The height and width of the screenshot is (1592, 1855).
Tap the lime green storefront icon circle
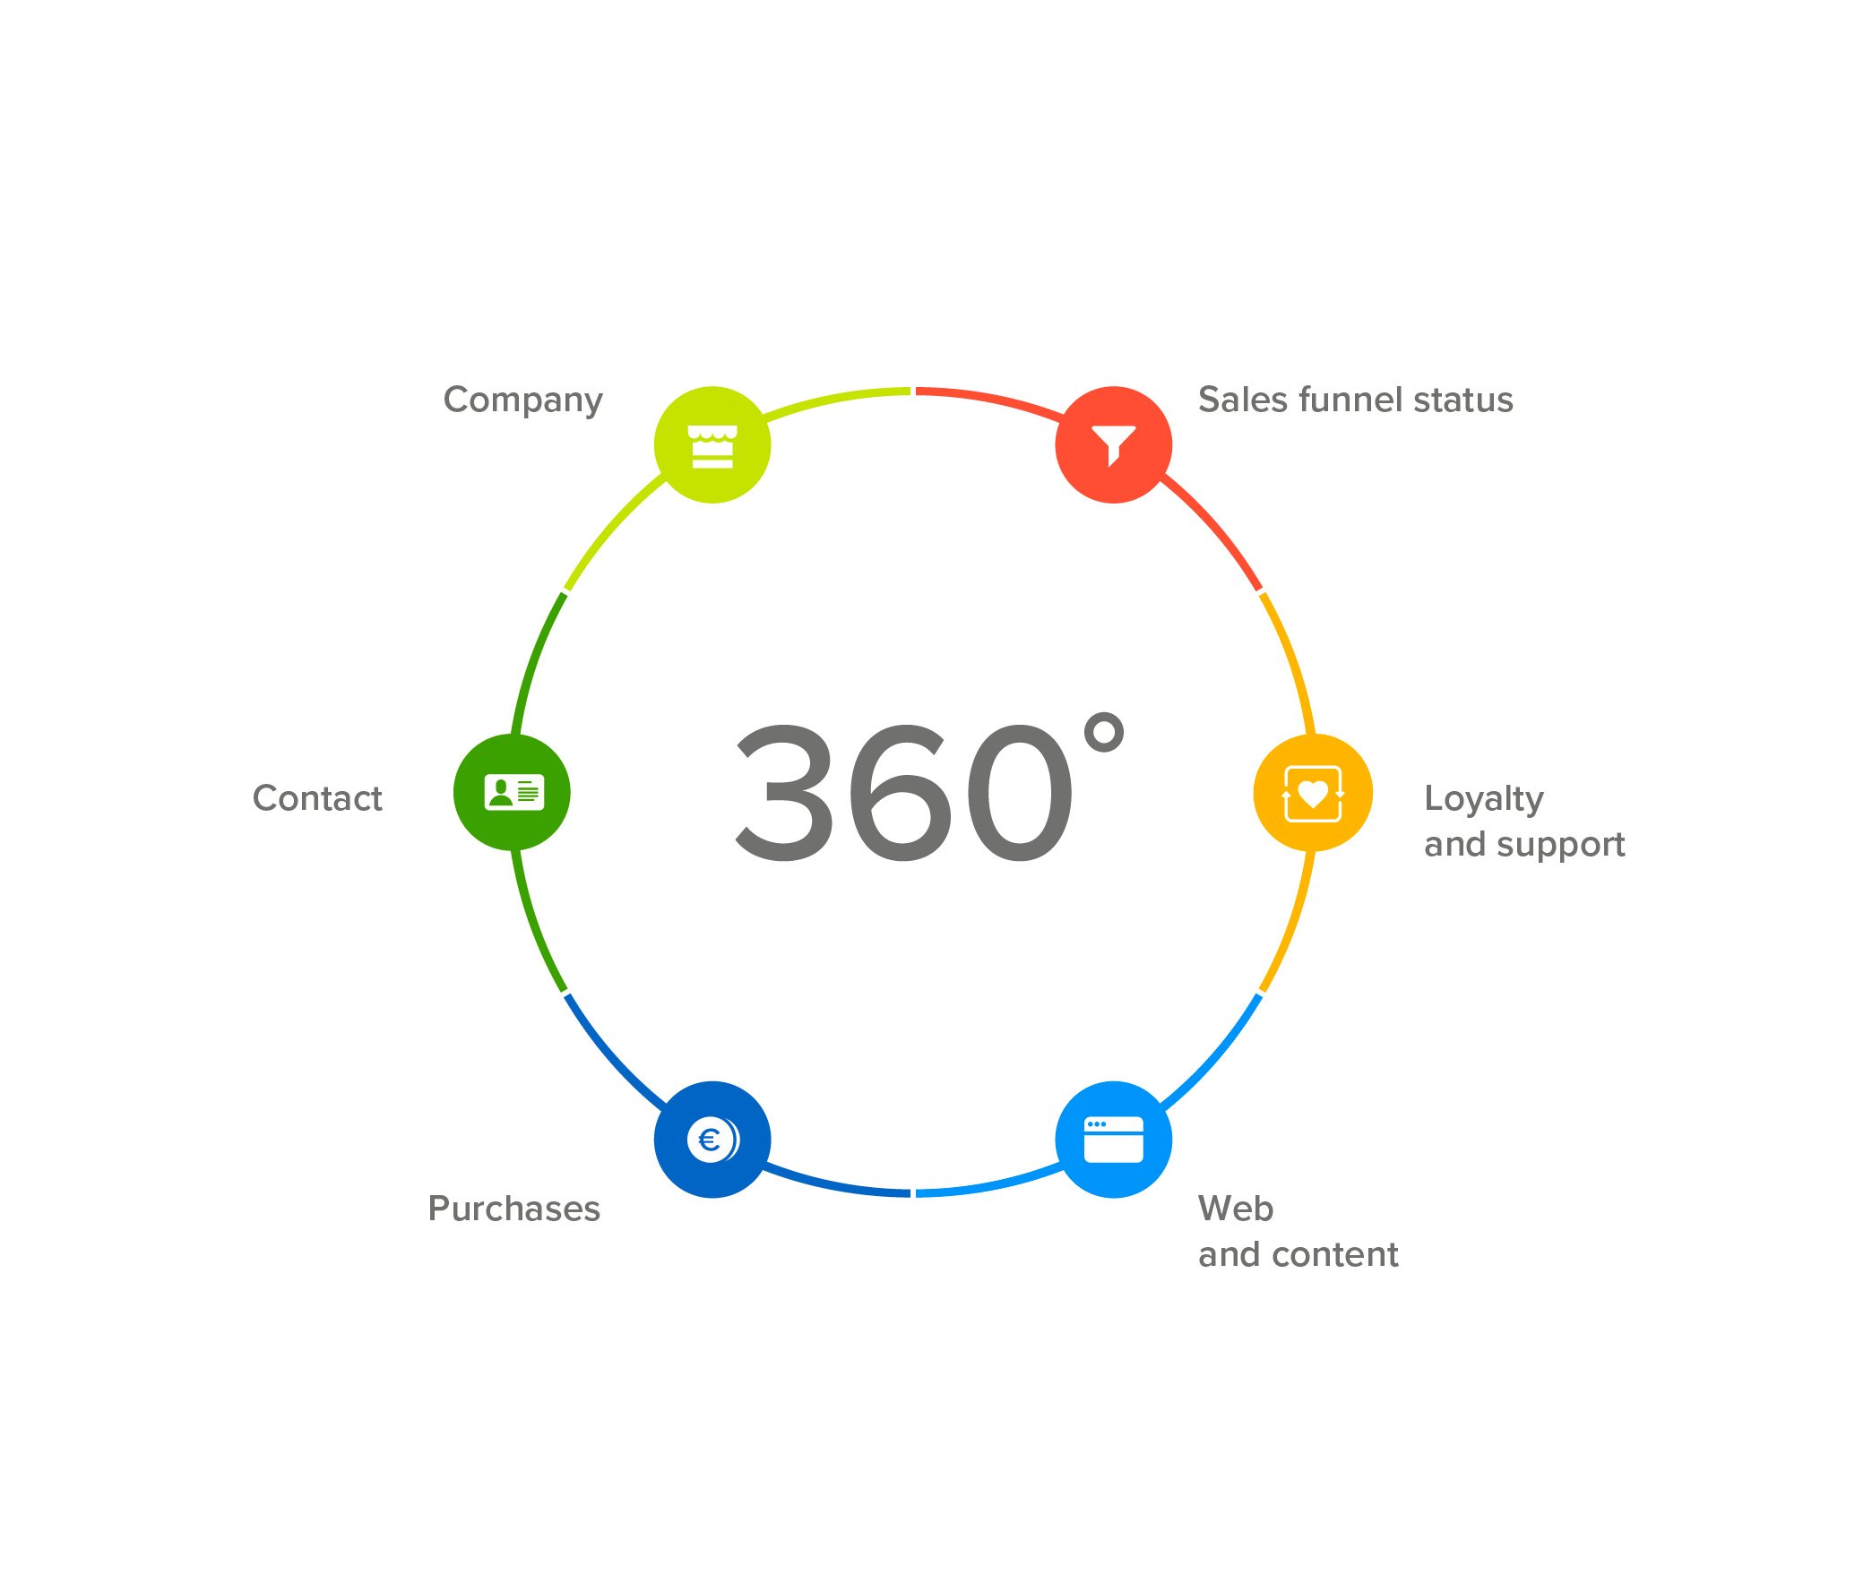tap(712, 445)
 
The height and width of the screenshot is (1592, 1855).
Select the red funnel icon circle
tap(1114, 445)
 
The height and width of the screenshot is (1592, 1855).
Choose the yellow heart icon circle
tap(1313, 793)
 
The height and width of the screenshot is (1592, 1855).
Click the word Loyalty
tap(1484, 800)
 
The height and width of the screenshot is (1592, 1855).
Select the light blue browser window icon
tap(1114, 1140)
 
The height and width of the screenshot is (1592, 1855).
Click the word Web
tap(1236, 1209)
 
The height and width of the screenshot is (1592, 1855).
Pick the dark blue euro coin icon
tap(712, 1140)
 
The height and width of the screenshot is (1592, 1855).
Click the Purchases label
tap(514, 1209)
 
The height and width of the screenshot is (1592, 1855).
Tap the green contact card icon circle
tap(512, 793)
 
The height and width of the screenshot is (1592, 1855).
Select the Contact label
tap(317, 798)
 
